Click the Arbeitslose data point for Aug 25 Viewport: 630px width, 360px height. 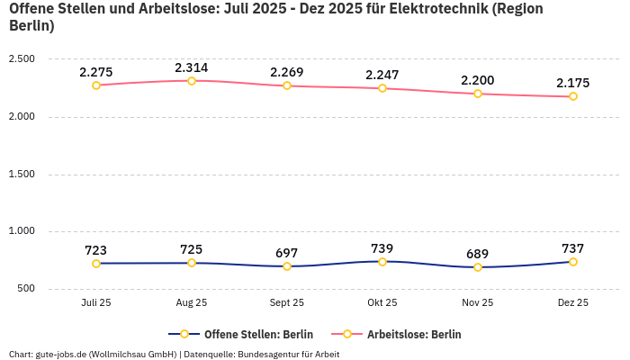click(192, 81)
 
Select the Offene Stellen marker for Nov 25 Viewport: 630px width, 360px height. click(478, 267)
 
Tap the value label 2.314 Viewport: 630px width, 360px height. click(192, 67)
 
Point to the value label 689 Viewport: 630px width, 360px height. click(478, 254)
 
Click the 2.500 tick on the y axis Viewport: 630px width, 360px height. click(22, 59)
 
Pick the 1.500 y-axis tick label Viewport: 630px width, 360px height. click(22, 175)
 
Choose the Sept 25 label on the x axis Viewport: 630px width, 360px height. click(287, 303)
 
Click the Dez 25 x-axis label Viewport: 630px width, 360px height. click(573, 303)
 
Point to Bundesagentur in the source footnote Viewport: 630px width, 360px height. click(269, 355)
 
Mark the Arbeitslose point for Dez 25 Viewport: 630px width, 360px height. click(573, 96)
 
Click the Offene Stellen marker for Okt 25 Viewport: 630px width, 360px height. click(382, 262)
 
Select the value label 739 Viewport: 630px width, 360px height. click(382, 248)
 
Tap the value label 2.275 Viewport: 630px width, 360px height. click(96, 72)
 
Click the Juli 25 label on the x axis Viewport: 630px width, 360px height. click(96, 303)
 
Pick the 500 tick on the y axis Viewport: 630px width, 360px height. click(25, 289)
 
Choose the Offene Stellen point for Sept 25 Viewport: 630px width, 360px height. click(287, 266)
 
